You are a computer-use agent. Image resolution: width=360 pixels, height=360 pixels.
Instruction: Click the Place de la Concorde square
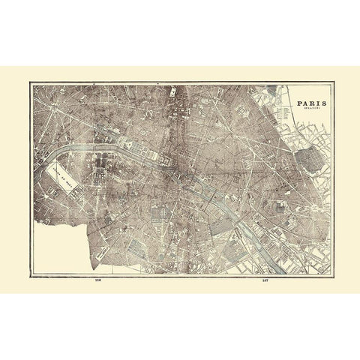point(120,151)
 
